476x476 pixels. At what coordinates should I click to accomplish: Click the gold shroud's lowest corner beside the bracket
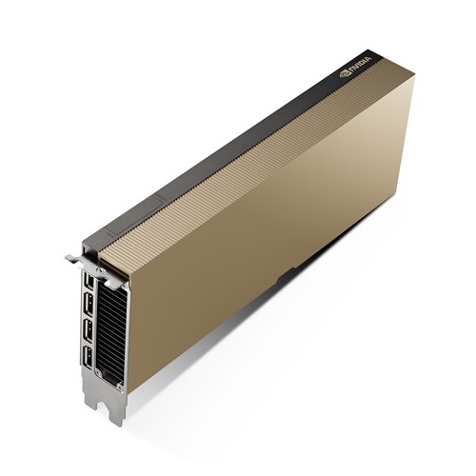[x=128, y=388]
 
